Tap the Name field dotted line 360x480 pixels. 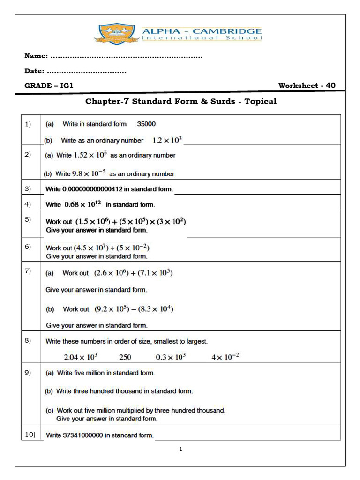(126, 56)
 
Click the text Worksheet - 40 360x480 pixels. (307, 86)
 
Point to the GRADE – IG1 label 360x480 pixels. (49, 86)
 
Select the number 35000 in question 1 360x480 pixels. (146, 124)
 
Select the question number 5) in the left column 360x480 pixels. (28, 220)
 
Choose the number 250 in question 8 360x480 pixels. (125, 357)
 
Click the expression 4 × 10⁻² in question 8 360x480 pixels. (225, 357)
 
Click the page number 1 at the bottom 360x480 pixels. (180, 450)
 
